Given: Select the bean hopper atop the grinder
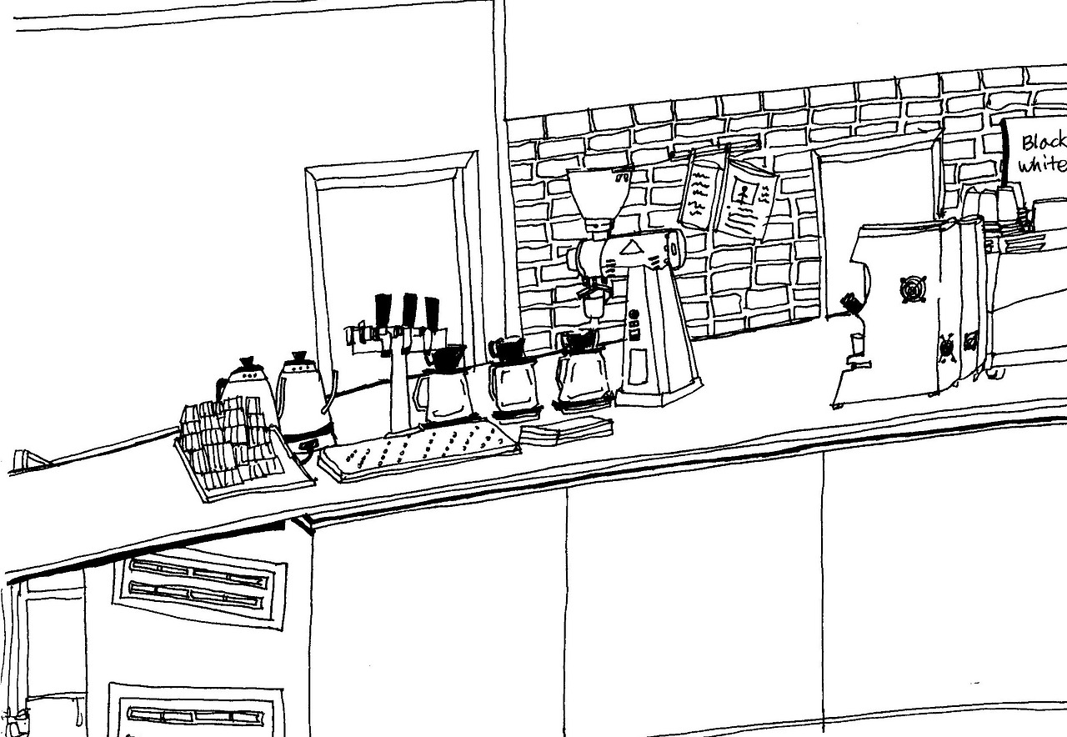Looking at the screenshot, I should coord(597,198).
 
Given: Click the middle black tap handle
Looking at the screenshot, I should coord(409,311).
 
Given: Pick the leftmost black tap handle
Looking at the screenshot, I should coord(383,310).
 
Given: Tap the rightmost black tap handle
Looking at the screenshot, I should coord(431,313).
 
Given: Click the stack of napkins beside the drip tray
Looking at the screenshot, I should coord(567,430).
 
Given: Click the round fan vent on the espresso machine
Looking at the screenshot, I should coord(912,289).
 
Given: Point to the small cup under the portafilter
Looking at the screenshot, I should coord(856,343).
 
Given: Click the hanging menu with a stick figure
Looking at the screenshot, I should coord(747,198).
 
